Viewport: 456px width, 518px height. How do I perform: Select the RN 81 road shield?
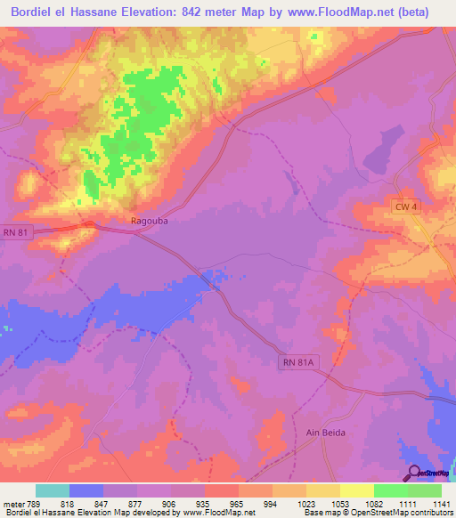pyautogui.click(x=16, y=233)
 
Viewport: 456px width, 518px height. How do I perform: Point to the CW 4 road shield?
pyautogui.click(x=404, y=206)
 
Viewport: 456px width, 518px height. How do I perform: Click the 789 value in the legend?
pyautogui.click(x=36, y=504)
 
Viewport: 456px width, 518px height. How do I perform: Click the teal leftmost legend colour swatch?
pyautogui.click(x=53, y=490)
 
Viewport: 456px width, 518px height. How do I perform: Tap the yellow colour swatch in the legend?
pyautogui.click(x=357, y=490)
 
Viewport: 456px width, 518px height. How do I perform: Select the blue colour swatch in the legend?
pyautogui.click(x=86, y=490)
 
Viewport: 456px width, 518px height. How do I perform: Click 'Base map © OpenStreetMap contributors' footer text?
pyautogui.click(x=379, y=514)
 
